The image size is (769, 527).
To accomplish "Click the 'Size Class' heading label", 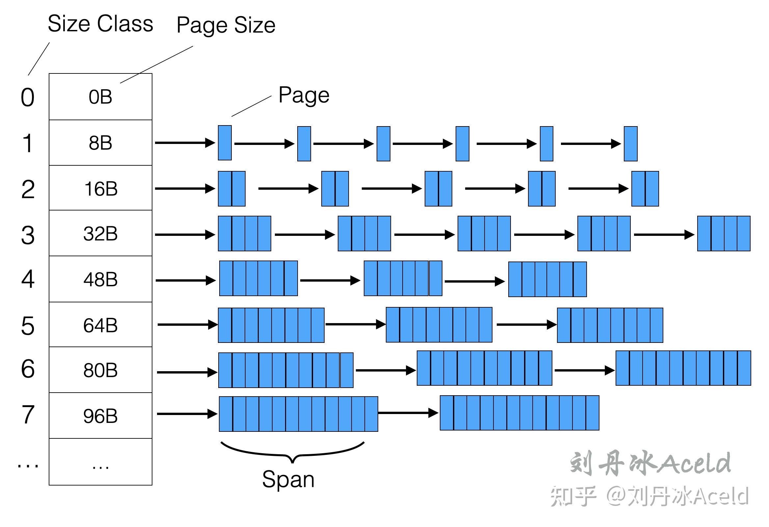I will click(100, 24).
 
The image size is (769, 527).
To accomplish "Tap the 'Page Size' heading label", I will click(226, 25).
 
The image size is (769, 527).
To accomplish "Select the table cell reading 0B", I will click(100, 97).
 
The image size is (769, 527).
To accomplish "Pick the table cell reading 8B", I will click(100, 143).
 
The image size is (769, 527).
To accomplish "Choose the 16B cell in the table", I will click(100, 189).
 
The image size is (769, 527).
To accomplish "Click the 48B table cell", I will click(100, 279).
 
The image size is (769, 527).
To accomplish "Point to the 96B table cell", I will click(100, 416).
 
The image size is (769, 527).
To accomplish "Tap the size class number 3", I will click(28, 235).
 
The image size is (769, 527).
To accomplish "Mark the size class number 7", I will click(28, 415).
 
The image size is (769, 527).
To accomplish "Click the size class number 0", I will click(28, 97).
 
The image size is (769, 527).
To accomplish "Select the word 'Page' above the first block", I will click(304, 95).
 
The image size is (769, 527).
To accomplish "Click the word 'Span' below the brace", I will click(288, 479).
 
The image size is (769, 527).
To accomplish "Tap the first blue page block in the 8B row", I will click(225, 143).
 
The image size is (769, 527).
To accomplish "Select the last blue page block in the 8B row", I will click(631, 144).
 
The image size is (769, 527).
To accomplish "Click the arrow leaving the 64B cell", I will click(187, 324).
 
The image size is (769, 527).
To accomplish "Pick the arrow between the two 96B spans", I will click(408, 413).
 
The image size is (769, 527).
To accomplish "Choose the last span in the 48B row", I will click(547, 279).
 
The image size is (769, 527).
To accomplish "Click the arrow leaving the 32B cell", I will click(185, 235).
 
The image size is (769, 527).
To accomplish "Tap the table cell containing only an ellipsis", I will click(100, 462).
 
